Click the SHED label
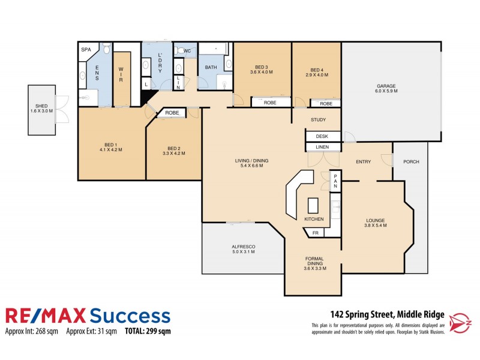[41, 108]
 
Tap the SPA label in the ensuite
[85, 50]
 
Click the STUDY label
[318, 120]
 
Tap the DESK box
[323, 136]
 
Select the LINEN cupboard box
[323, 147]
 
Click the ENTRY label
[363, 161]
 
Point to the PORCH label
[411, 161]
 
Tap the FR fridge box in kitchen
[315, 233]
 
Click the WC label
[187, 51]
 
